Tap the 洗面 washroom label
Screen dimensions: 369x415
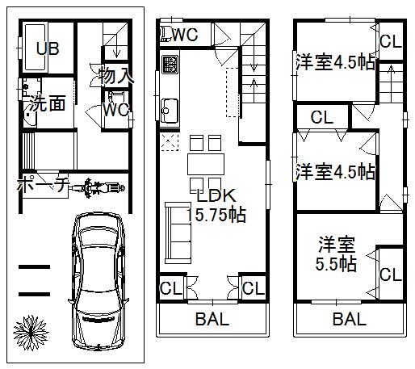pyautogui.click(x=48, y=104)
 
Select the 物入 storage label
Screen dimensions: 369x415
pyautogui.click(x=116, y=77)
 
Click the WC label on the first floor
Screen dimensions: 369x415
pyautogui.click(x=115, y=107)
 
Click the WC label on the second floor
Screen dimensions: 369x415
pyautogui.click(x=186, y=35)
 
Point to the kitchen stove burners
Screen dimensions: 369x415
pyautogui.click(x=170, y=64)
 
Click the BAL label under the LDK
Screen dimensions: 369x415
pyautogui.click(x=212, y=318)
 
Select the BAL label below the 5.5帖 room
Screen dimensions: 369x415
pyautogui.click(x=350, y=318)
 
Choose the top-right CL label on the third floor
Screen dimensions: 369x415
pyautogui.click(x=391, y=42)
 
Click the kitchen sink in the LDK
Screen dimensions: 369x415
pyautogui.click(x=170, y=107)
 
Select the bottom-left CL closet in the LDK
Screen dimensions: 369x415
pyautogui.click(x=170, y=288)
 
